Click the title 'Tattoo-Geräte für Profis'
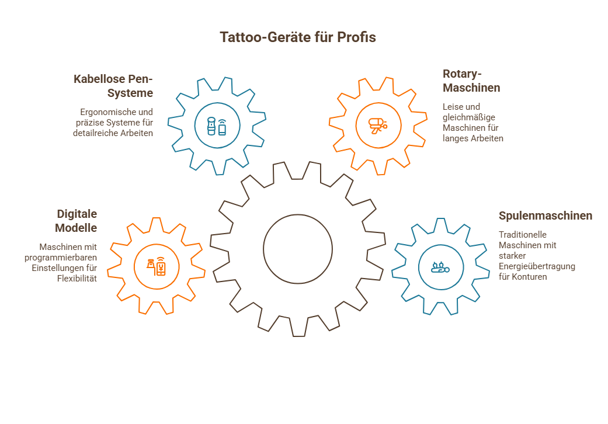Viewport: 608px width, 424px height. click(298, 37)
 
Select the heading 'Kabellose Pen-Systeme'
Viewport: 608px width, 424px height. click(113, 85)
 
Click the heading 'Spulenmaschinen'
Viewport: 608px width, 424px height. click(545, 216)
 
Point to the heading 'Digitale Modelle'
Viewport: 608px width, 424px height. click(76, 220)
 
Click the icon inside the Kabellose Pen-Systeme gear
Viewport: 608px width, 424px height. click(217, 126)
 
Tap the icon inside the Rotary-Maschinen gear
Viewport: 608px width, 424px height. click(378, 125)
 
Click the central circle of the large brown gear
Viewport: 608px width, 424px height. click(298, 248)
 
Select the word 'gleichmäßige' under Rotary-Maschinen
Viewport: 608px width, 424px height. click(468, 117)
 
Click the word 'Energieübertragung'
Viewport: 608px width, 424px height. click(537, 266)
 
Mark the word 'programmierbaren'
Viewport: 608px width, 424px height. click(60, 257)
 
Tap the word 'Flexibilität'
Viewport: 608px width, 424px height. click(77, 278)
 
